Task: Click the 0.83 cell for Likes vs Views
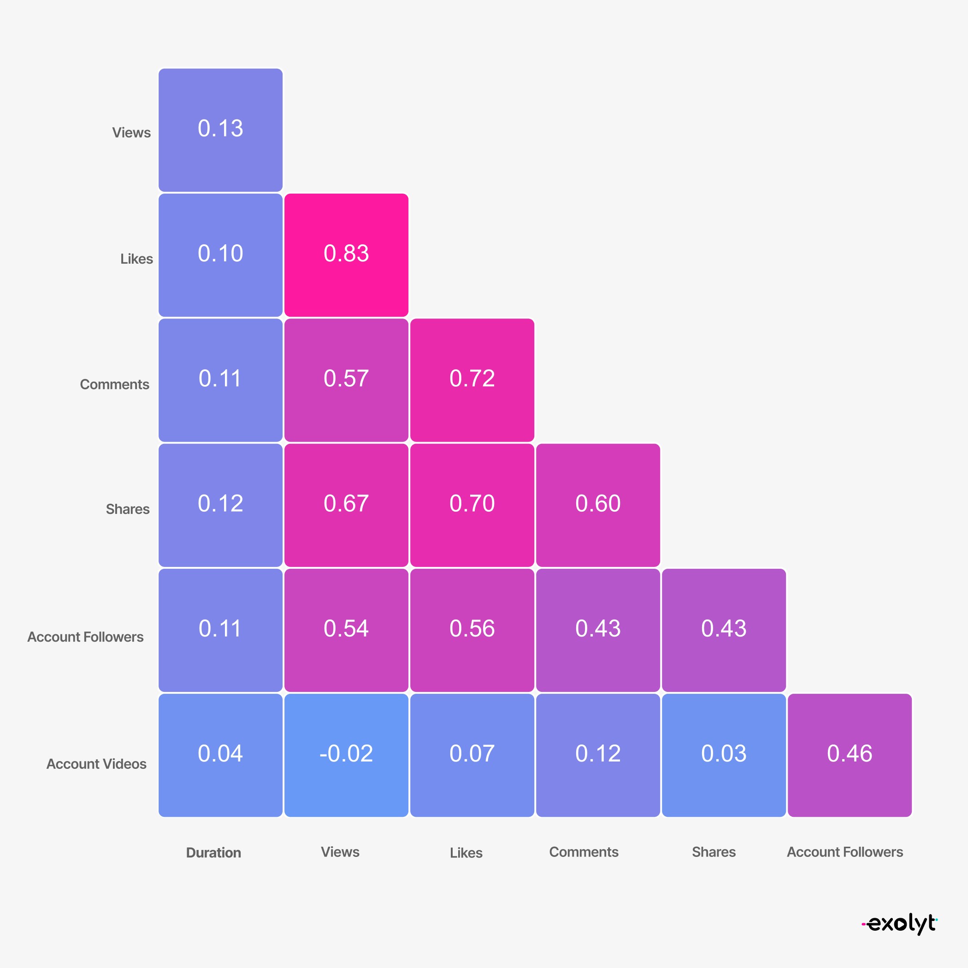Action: click(346, 254)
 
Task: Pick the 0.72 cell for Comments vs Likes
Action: click(472, 380)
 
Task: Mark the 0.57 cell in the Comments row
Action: click(346, 380)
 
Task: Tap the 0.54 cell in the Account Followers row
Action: click(346, 630)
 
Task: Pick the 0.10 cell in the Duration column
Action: click(220, 254)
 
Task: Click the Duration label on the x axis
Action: click(213, 853)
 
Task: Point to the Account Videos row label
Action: click(96, 764)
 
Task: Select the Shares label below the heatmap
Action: click(714, 852)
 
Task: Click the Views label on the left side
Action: click(131, 133)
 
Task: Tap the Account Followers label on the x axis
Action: click(845, 852)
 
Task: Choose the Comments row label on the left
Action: click(114, 384)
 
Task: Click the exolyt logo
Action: click(900, 923)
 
